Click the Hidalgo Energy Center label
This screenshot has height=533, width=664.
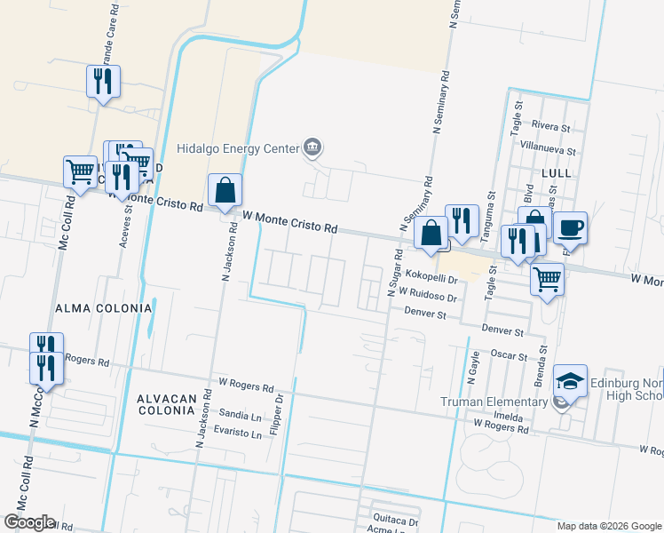pyautogui.click(x=238, y=149)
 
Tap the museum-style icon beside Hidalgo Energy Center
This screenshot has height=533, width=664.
pyautogui.click(x=312, y=147)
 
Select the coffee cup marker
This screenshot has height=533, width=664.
pyautogui.click(x=569, y=228)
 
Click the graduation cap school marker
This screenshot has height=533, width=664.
pyautogui.click(x=570, y=382)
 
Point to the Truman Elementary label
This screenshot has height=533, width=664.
pyautogui.click(x=494, y=402)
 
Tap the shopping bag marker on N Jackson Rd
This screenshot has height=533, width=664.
pyautogui.click(x=225, y=190)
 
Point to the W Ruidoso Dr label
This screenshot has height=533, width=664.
pyautogui.click(x=427, y=291)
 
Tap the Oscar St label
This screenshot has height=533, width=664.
pyautogui.click(x=510, y=354)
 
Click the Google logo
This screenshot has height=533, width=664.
pyautogui.click(x=28, y=522)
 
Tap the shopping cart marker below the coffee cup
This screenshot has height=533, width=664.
pyautogui.click(x=547, y=279)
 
